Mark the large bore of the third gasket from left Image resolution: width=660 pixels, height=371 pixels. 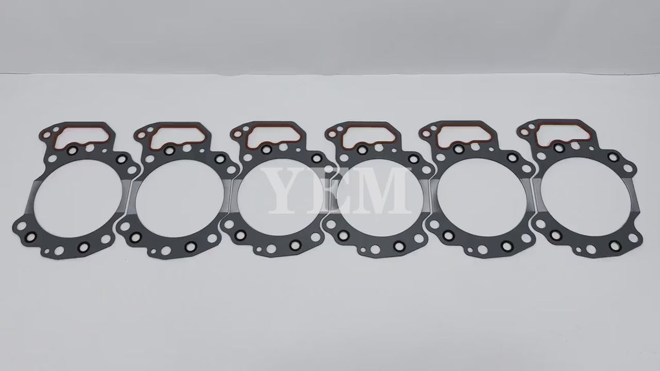(x=280, y=196)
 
